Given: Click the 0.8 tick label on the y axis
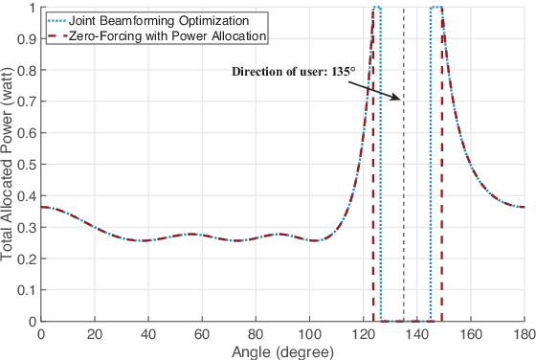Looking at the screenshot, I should tap(27, 70).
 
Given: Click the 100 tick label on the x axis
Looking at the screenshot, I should tap(309, 335).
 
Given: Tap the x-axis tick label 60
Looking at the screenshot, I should tap(201, 335).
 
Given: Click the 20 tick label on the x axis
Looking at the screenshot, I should tap(94, 335).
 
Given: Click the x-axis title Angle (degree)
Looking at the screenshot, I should tap(281, 351).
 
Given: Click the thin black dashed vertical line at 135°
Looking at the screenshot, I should tap(403, 191).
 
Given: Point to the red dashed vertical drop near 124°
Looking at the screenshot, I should tap(373, 191).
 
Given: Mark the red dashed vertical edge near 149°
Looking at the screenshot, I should tap(441, 191).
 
